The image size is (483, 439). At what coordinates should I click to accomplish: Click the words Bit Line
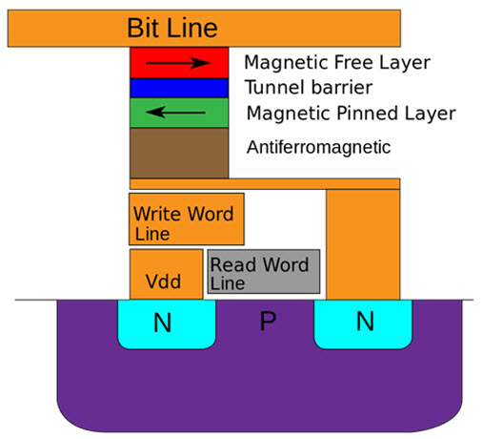172,28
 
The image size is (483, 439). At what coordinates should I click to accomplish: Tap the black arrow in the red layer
178,63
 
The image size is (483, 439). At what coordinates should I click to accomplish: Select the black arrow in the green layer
175,113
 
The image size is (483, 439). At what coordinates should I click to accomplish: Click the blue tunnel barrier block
179,88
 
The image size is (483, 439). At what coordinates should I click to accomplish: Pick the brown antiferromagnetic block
179,153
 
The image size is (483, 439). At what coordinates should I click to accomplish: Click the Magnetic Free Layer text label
337,63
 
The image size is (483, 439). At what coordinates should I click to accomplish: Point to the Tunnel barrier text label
309,88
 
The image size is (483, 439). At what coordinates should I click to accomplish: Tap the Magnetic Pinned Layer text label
352,114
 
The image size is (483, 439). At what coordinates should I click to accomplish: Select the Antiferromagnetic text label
318,147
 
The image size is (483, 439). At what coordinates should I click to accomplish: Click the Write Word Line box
187,219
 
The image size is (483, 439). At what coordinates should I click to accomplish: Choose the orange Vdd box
167,274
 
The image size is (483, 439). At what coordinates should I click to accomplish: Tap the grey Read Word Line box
264,271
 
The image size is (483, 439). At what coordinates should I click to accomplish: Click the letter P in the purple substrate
268,321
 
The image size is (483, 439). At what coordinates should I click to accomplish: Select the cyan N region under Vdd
167,324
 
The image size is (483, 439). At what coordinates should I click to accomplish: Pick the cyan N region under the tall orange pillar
363,324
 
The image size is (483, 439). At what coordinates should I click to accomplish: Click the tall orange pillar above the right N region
363,244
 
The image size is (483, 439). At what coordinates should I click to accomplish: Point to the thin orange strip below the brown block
265,184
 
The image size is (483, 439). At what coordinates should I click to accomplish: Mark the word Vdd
163,282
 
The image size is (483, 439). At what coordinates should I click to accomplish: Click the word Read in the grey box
233,264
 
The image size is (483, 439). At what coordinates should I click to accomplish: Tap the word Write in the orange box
159,214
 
